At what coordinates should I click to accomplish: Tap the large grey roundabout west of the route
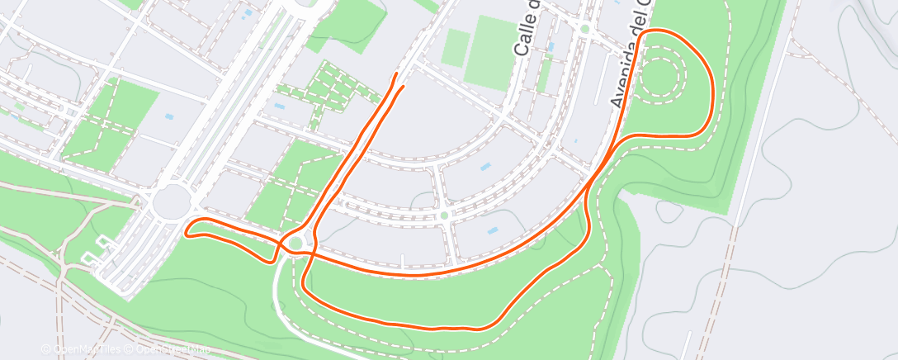[171, 201]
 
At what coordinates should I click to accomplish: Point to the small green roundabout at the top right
[584, 29]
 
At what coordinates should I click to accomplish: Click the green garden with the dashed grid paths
[329, 90]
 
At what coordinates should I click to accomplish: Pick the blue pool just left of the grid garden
[278, 107]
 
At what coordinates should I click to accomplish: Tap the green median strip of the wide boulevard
[248, 99]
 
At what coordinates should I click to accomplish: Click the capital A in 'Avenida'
[616, 101]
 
